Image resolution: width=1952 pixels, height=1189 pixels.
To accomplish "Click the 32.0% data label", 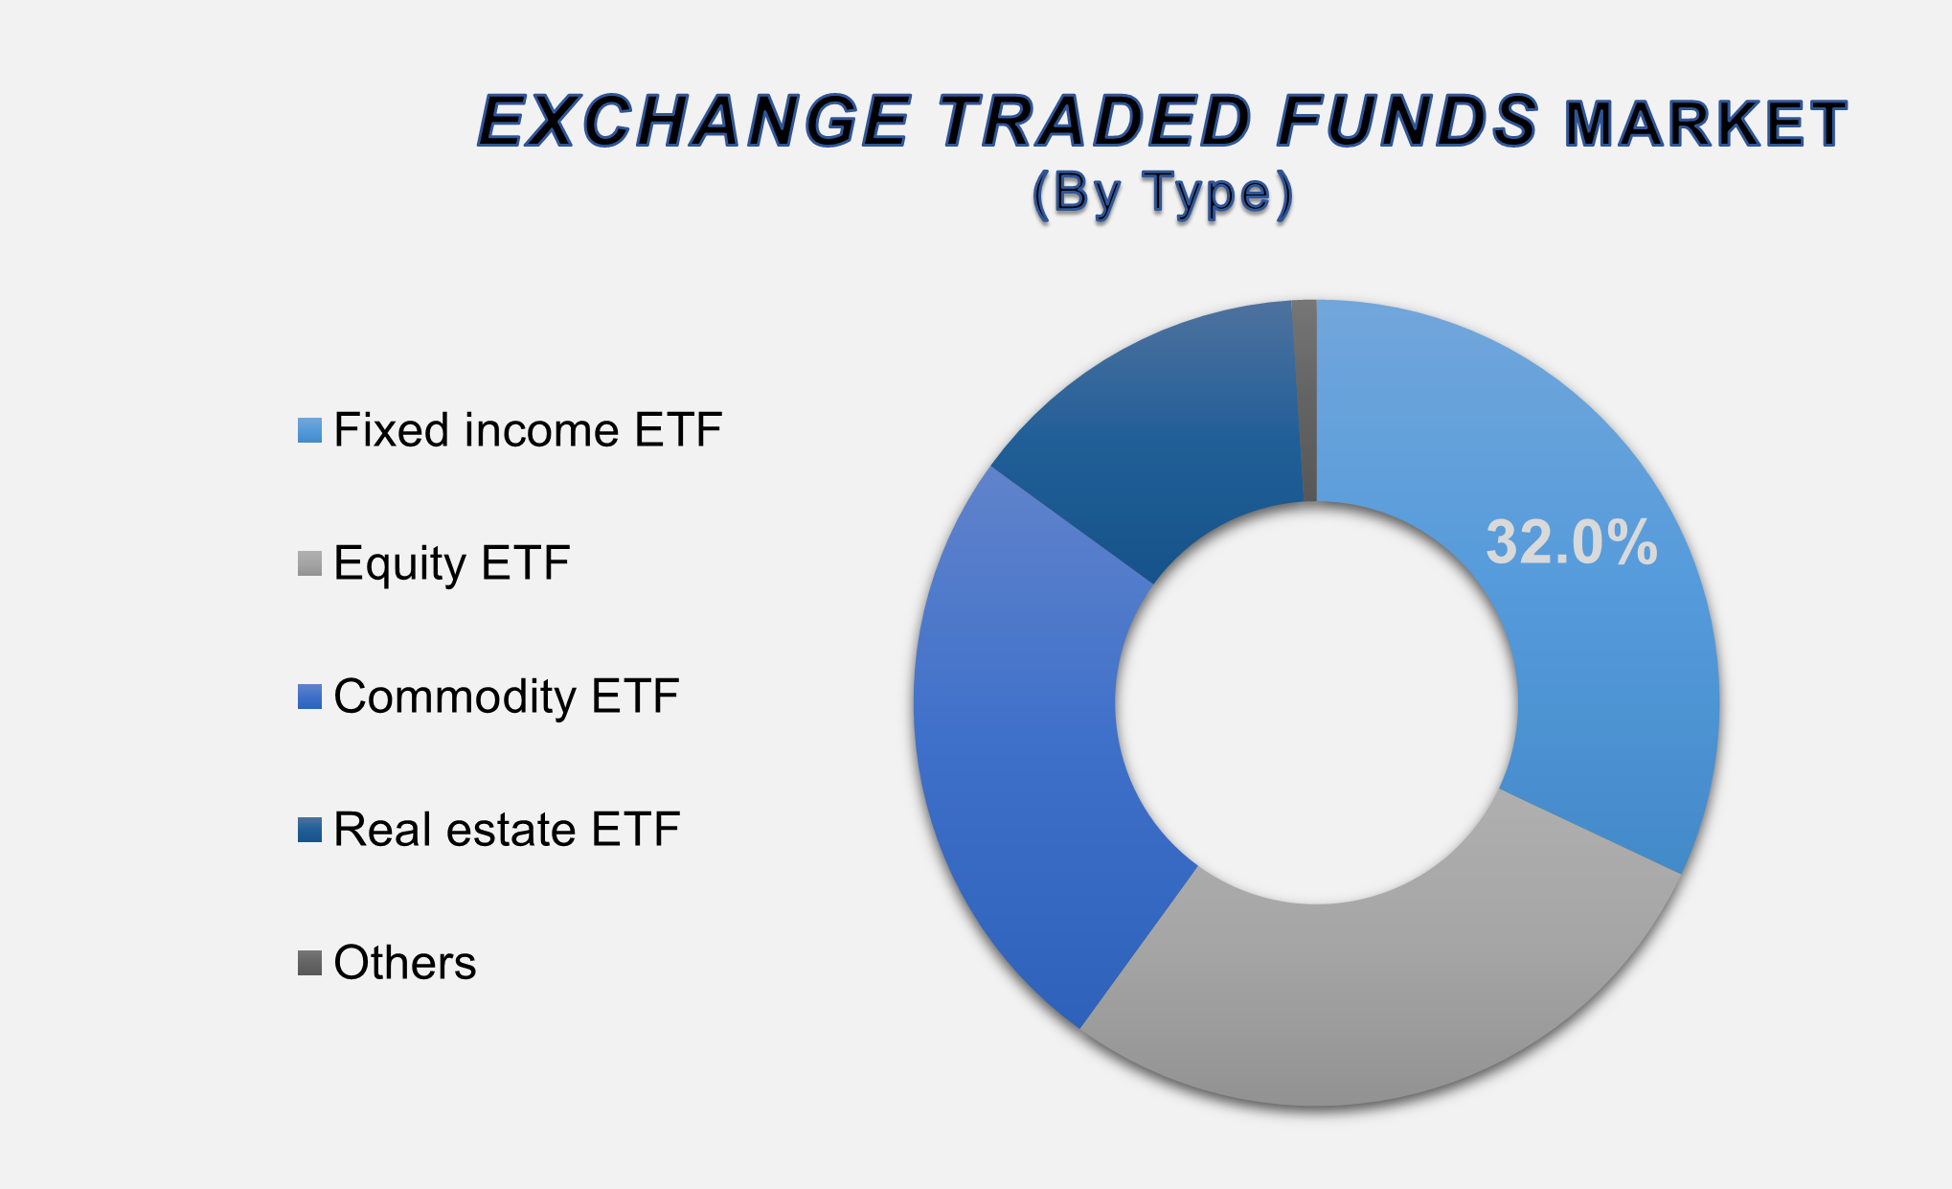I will tap(1571, 542).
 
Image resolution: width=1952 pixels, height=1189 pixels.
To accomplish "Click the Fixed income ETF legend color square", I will tap(309, 430).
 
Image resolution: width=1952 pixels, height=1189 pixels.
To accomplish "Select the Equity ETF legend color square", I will tap(309, 563).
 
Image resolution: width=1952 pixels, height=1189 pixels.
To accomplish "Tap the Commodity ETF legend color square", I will tap(309, 697).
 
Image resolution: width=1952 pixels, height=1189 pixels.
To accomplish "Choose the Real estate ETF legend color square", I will tap(309, 830).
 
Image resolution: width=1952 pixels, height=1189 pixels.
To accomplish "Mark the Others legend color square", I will tap(309, 963).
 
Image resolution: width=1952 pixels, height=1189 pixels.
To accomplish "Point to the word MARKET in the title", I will tap(1705, 125).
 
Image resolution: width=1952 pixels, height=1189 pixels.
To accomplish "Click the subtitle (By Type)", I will tap(1163, 194).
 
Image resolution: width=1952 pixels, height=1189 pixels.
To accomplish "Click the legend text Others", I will tap(404, 963).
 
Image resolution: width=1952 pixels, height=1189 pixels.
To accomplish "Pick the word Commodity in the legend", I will tap(453, 697).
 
